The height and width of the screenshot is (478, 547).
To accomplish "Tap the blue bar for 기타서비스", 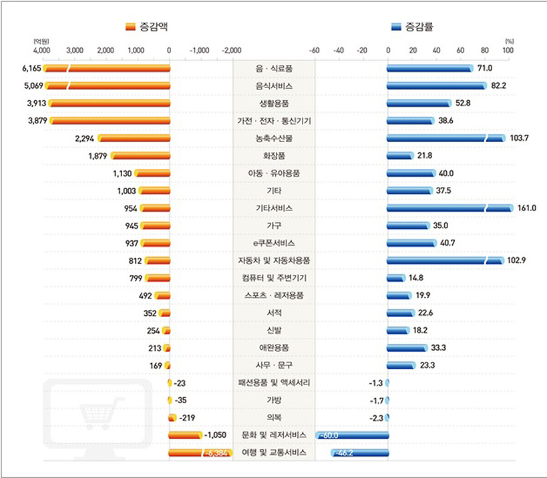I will tap(449, 208).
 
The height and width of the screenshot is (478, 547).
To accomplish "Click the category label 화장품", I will tap(274, 156).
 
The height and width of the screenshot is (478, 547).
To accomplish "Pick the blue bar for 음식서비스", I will tap(437, 85).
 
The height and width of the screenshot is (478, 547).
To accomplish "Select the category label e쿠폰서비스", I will tap(274, 243).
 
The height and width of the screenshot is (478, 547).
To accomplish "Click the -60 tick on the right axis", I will tap(315, 50).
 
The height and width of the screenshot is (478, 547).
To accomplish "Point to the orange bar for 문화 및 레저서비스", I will tap(185, 435).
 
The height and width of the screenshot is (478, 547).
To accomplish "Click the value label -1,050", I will tap(216, 435).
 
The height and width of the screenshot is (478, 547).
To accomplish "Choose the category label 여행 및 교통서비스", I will tap(274, 452).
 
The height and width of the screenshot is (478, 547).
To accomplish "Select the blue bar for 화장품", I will tap(399, 156).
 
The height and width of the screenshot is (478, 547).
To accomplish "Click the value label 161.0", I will tap(528, 208).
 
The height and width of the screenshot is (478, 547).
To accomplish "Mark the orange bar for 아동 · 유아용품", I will tap(152, 173).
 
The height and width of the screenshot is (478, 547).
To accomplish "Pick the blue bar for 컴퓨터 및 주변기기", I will tap(395, 278).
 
